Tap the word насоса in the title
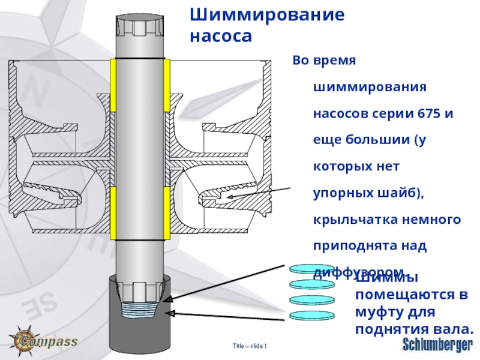click(220, 37)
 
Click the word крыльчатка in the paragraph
click(351, 220)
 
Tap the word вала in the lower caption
click(454, 329)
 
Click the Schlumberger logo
click(437, 344)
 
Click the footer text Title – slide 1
click(250, 346)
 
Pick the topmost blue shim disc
click(311, 269)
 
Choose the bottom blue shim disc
click(311, 316)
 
